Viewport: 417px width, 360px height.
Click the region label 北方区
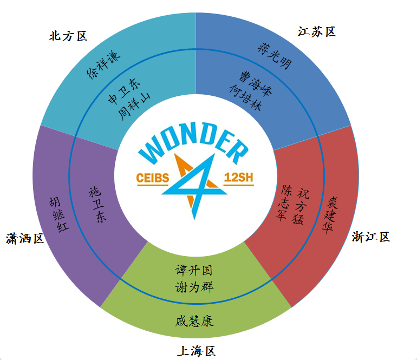pos(68,36)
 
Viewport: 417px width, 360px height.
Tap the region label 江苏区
pos(317,31)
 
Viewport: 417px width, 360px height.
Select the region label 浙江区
pos(370,237)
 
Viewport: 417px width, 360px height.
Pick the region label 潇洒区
pos(25,238)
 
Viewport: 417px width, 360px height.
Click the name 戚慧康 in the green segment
pos(194,320)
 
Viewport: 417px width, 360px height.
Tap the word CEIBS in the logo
pos(154,178)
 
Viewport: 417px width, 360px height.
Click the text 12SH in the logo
pos(238,178)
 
